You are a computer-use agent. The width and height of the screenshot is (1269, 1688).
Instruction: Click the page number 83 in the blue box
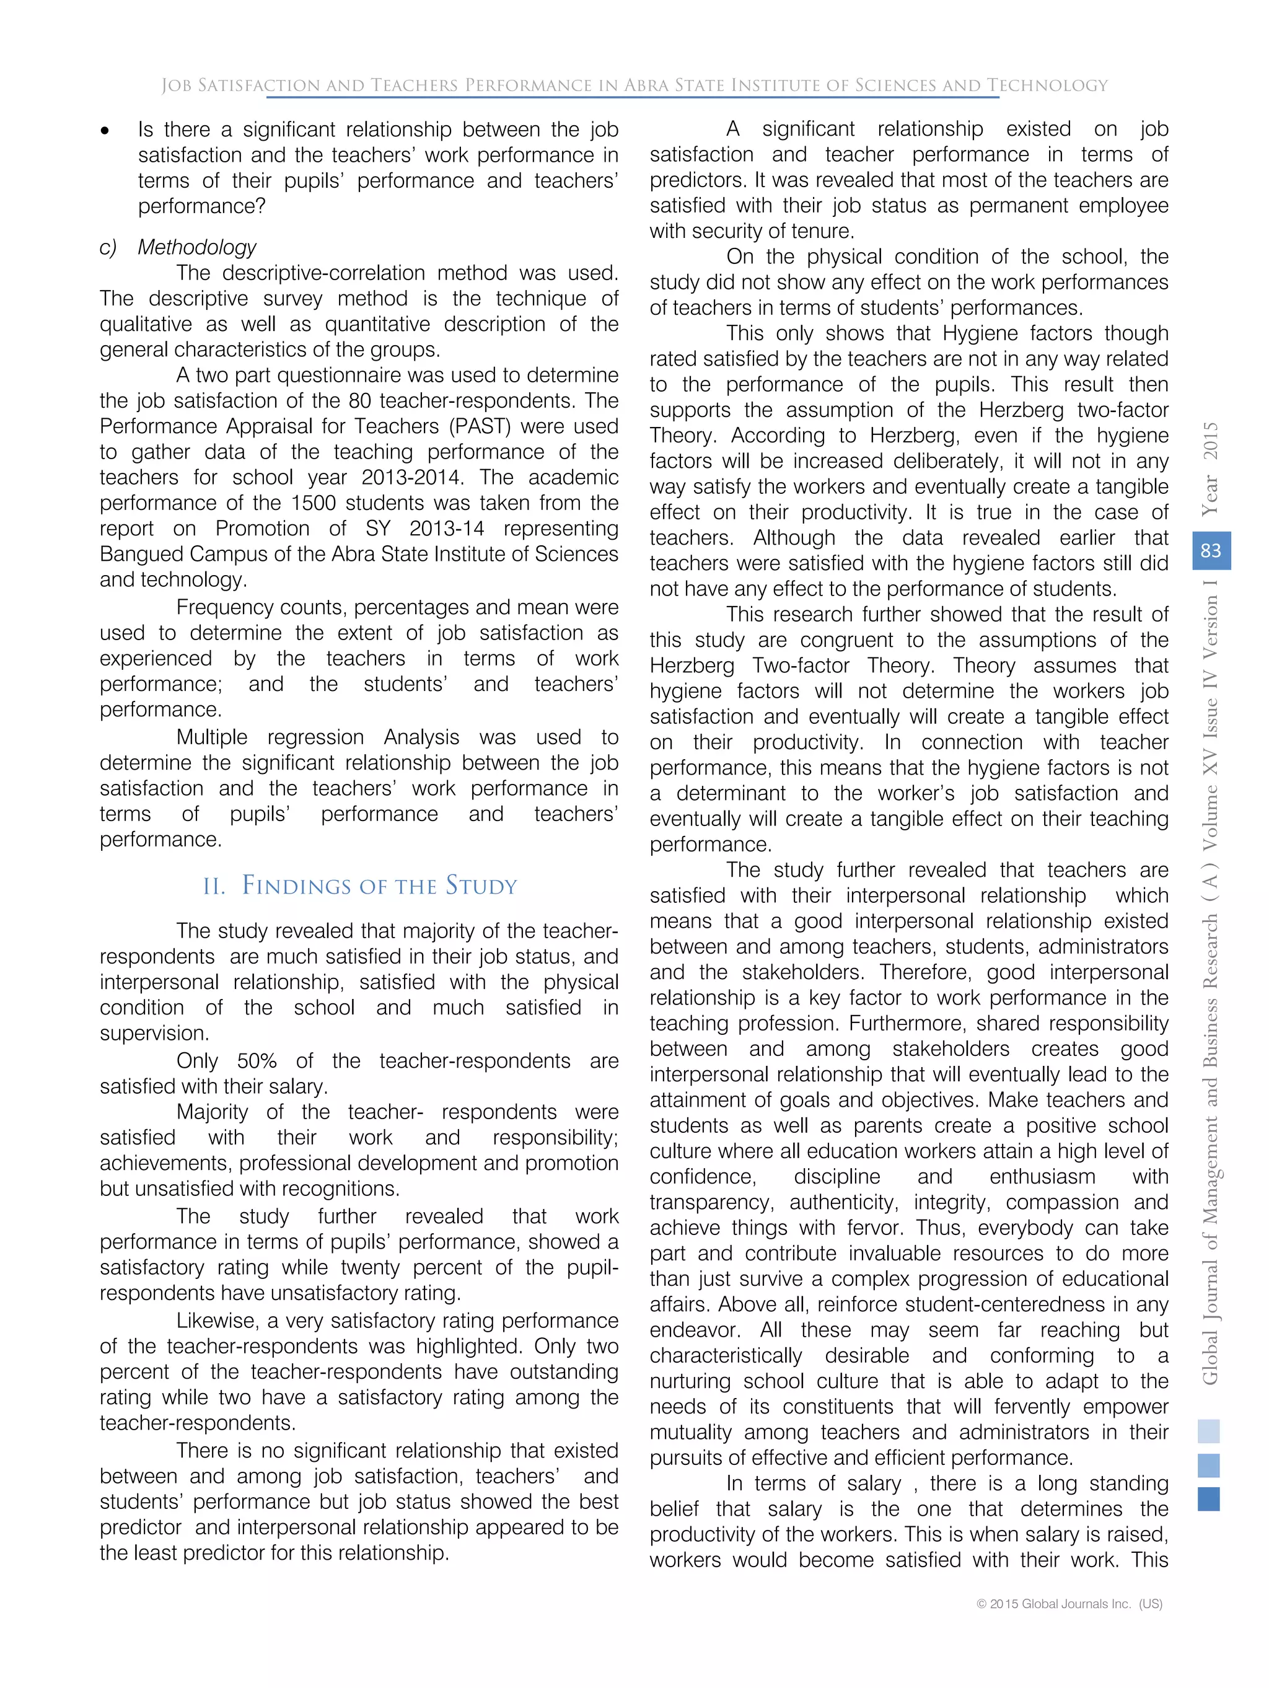pyautogui.click(x=1210, y=551)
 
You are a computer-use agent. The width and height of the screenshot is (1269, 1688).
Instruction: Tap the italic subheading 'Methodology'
pyautogui.click(x=197, y=247)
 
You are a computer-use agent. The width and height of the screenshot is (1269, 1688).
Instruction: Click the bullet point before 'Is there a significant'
pyautogui.click(x=105, y=131)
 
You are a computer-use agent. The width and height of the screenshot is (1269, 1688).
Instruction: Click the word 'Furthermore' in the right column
pyautogui.click(x=907, y=1023)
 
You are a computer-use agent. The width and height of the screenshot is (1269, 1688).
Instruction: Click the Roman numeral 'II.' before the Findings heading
pyautogui.click(x=214, y=887)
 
